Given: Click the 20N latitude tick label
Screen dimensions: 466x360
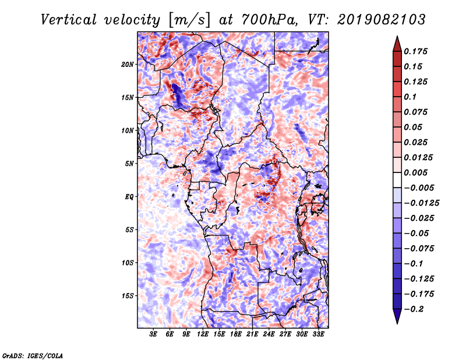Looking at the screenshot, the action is (128, 65).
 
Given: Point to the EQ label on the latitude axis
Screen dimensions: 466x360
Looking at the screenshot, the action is (129, 197).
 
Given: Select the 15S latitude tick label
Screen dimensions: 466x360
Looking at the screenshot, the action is (128, 296).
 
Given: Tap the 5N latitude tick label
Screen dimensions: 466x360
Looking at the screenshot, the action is (129, 164).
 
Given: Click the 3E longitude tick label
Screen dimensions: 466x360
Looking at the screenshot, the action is (153, 334).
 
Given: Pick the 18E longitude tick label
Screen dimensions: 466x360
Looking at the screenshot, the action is (236, 334).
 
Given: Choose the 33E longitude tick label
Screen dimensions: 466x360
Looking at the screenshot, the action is (318, 334).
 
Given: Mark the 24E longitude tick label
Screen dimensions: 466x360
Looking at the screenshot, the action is (269, 334).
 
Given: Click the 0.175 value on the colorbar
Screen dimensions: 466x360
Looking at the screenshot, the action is (415, 51).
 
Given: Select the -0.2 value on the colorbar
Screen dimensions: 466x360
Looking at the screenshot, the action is (414, 309).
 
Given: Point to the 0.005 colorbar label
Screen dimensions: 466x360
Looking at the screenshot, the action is (415, 172).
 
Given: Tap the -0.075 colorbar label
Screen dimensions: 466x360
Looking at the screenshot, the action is (419, 249).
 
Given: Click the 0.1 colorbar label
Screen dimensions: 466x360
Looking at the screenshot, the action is (410, 97).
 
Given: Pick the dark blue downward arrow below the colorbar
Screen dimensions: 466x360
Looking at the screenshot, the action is (397, 316).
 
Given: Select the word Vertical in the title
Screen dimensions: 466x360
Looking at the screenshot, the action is (68, 20).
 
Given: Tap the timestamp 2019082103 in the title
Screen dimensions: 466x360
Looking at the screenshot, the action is (382, 20).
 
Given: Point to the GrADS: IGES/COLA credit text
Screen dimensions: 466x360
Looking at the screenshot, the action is (33, 356).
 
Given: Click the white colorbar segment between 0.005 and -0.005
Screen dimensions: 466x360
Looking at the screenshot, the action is (397, 180).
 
